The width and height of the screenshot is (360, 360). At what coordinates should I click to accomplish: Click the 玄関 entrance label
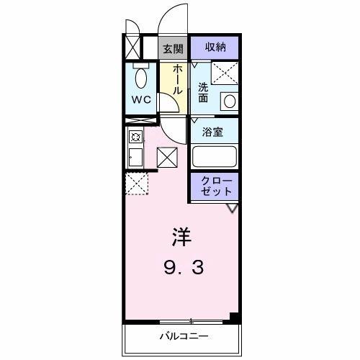click(x=171, y=48)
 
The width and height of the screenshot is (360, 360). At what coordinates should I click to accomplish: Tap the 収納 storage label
click(x=215, y=48)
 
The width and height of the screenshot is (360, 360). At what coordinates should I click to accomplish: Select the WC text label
click(x=140, y=99)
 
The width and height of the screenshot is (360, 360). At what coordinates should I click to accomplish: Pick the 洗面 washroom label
click(x=203, y=92)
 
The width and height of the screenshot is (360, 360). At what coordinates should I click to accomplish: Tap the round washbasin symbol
click(x=229, y=101)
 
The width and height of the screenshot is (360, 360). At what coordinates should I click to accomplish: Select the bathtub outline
click(x=215, y=157)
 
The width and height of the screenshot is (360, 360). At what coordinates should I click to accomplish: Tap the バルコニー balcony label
click(x=184, y=336)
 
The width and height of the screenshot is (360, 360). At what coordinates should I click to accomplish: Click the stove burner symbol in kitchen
click(x=134, y=136)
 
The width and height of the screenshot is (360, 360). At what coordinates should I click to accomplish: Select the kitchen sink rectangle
click(x=134, y=156)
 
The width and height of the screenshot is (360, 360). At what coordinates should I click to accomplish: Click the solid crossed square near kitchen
click(x=166, y=157)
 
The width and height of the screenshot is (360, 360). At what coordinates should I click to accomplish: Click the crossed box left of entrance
click(x=132, y=48)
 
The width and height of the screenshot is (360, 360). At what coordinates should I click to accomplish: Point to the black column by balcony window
click(x=233, y=318)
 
